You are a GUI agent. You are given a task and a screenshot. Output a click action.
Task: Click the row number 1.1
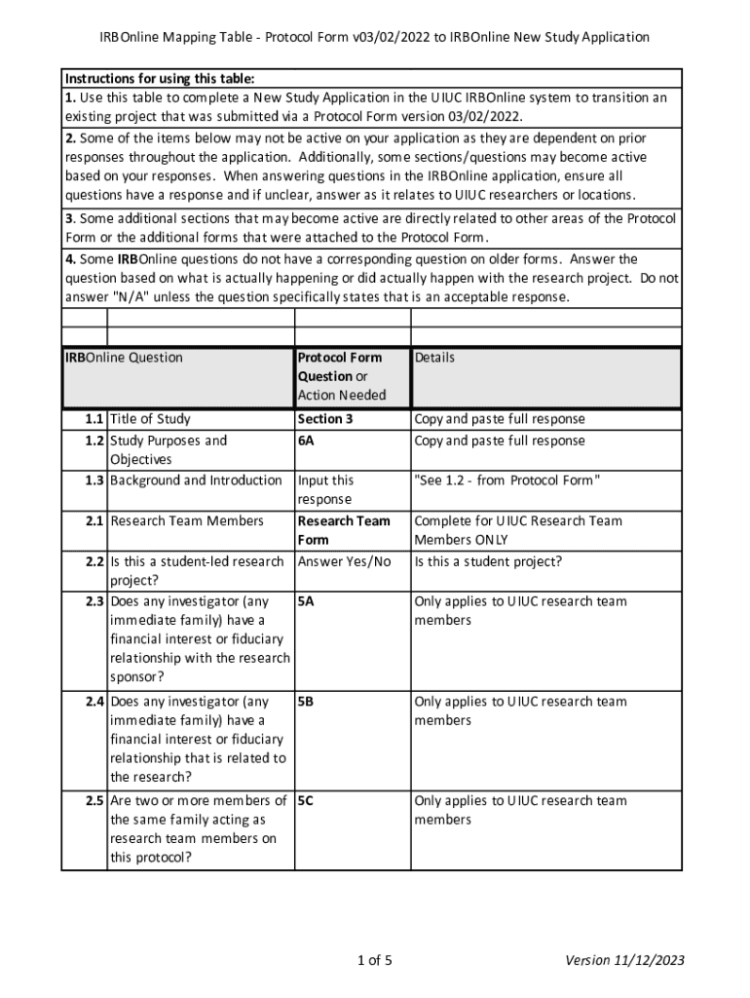coord(94,419)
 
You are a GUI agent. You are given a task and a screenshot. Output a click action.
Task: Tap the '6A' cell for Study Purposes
coord(306,441)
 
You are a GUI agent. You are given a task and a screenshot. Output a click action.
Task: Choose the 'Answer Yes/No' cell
coord(344,561)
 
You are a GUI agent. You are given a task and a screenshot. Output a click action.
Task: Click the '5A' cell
coord(306,601)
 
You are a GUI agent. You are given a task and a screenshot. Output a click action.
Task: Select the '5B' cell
coord(306,702)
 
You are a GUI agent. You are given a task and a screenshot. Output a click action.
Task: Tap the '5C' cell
coord(306,801)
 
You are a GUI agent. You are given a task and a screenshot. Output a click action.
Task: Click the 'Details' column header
coord(434,358)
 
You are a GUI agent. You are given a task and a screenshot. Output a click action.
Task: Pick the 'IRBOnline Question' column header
coord(124,358)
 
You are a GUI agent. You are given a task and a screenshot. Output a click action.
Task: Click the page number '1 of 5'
coord(375,961)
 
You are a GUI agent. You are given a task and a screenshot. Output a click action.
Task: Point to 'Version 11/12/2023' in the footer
coord(625,961)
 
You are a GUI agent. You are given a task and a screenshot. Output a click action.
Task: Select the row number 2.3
coord(94,601)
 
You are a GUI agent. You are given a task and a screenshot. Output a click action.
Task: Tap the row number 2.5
coord(94,801)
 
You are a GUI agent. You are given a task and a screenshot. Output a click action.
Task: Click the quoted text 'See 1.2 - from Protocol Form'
coord(506,480)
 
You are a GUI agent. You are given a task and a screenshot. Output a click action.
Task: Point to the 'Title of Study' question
coord(150,419)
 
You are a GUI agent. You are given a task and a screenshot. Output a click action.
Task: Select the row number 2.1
coord(94,520)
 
